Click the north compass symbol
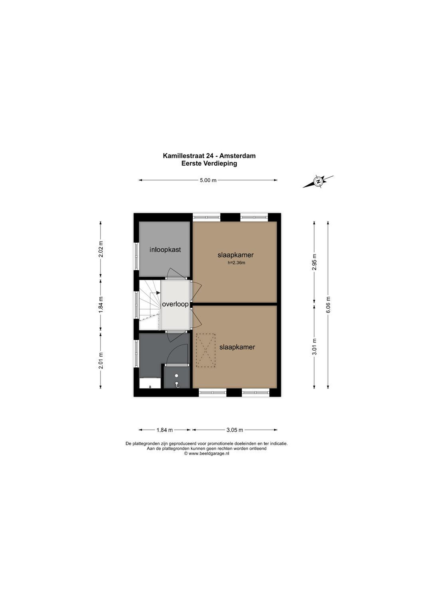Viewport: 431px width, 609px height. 318,181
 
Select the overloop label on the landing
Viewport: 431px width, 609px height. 175,304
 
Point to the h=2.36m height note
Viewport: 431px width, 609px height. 236,263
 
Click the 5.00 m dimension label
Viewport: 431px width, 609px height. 208,180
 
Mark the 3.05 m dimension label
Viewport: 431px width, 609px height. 235,430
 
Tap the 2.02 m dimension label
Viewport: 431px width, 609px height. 101,249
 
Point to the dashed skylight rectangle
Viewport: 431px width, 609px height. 206,350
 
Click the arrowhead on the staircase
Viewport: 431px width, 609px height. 158,293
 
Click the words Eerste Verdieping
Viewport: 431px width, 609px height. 209,163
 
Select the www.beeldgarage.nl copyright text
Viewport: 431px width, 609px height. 207,454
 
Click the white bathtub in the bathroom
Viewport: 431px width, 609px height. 150,383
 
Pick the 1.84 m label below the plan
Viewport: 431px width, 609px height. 165,430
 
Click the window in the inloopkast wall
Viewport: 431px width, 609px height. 136,256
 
